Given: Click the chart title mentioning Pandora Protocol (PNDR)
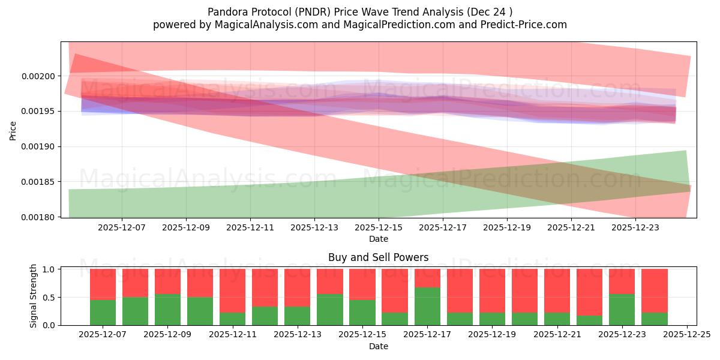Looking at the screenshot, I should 360,12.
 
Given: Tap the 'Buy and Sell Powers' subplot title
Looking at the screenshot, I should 378,257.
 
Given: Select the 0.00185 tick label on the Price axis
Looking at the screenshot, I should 40,182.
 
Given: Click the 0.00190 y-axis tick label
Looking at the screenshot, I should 40,147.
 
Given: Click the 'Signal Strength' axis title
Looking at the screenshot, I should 34,296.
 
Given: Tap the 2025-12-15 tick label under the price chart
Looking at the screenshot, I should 378,228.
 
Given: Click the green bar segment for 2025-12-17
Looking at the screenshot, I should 427,306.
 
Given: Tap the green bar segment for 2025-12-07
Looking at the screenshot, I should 103,312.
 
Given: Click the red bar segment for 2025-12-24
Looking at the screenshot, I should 653,290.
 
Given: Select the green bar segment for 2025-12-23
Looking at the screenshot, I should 621,310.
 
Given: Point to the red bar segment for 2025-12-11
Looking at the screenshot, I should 232,290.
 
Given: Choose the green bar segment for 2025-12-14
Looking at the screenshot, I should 329,310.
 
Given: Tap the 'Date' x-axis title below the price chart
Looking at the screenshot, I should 378,239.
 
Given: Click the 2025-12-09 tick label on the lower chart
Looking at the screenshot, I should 167,335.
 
